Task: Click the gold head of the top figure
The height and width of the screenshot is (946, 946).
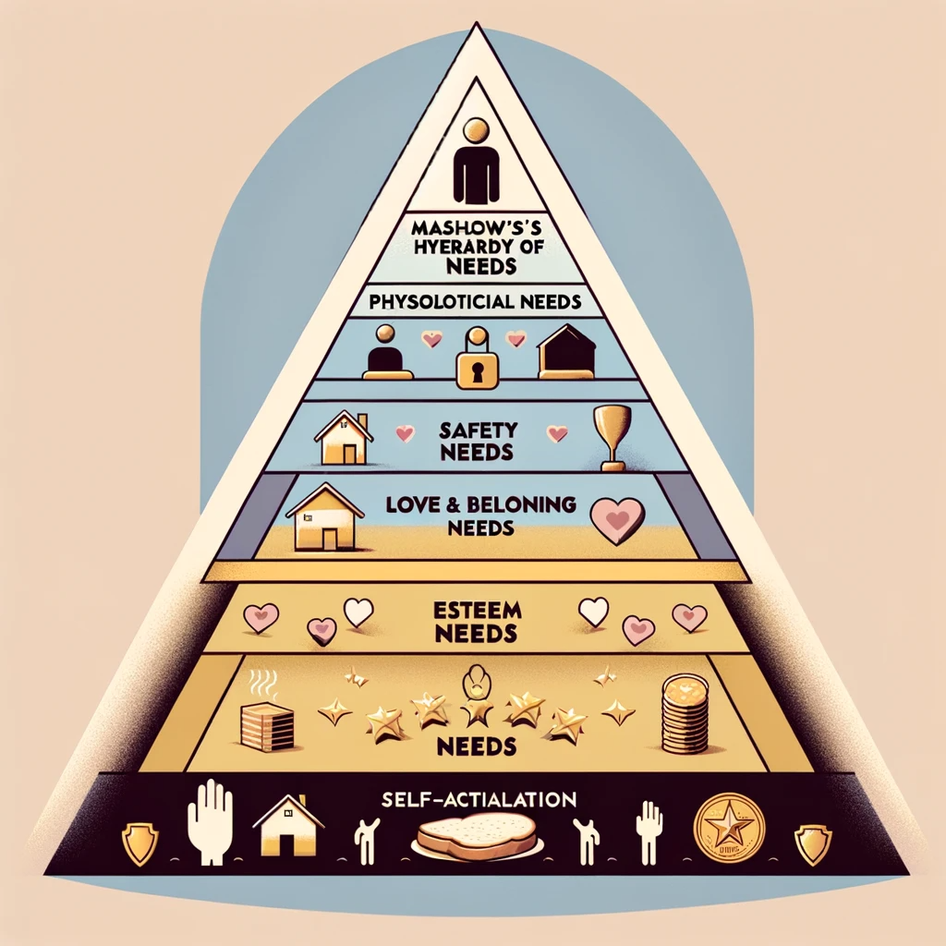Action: click(474, 130)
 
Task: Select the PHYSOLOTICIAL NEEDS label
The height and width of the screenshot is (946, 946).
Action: click(473, 300)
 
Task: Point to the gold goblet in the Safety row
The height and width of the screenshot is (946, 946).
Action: click(612, 435)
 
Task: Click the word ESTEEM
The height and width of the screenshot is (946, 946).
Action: click(473, 612)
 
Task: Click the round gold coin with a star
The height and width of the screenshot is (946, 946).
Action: click(730, 825)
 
